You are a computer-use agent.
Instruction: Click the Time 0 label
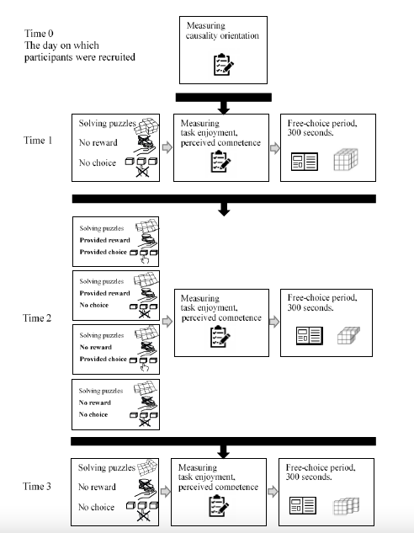39,34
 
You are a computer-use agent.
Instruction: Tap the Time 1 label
38,140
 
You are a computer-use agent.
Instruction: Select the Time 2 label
37,317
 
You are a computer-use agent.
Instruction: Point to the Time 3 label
37,486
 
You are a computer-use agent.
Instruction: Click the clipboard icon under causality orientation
224,65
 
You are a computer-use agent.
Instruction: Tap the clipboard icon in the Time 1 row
220,162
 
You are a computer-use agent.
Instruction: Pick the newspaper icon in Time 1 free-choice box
305,162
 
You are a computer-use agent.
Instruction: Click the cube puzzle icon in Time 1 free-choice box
346,159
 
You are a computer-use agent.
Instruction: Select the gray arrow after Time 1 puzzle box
167,147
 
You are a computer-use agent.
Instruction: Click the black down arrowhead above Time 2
224,210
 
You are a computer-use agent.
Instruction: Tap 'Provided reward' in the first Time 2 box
104,240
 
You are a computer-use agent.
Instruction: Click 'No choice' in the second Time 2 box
93,305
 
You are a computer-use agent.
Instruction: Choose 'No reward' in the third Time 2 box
95,347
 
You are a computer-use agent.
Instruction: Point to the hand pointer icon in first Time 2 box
145,260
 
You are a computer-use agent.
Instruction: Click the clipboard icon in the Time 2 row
220,337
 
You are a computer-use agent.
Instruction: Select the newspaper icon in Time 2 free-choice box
310,336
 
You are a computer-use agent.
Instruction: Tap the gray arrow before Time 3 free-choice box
273,492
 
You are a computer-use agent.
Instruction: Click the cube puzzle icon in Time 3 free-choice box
346,507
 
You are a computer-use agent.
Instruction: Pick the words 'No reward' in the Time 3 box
97,488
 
